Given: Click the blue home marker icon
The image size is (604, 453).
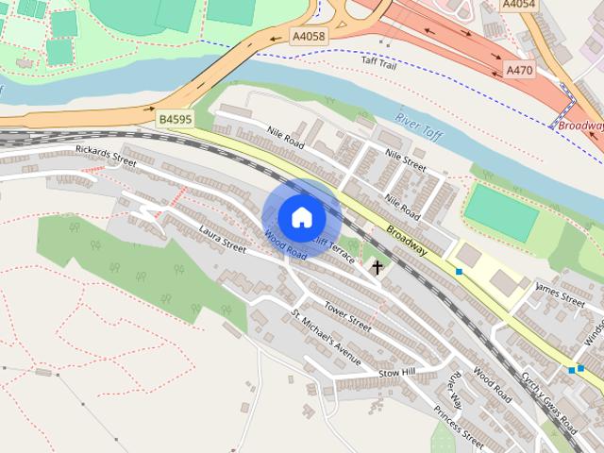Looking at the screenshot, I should click(x=301, y=217).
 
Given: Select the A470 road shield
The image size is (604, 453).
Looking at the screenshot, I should click(x=519, y=70).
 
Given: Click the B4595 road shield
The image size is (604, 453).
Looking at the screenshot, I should click(x=176, y=120).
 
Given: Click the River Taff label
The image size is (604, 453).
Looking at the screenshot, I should click(x=417, y=125).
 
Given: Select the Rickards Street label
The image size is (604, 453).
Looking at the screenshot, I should click(x=105, y=156).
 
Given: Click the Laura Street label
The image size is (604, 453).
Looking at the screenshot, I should click(x=222, y=240).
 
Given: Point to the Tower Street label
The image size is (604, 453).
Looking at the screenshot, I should click(x=347, y=314).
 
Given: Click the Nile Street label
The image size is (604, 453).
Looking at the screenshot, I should click(x=401, y=163).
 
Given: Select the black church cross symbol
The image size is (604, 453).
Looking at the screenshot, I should click(x=377, y=267).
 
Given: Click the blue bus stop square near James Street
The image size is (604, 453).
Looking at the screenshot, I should click(x=460, y=272).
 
